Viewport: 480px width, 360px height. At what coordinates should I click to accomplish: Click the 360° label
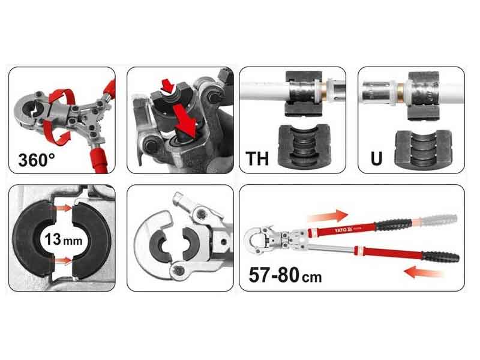coord(37,160)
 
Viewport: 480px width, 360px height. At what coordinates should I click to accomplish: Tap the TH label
coord(257,158)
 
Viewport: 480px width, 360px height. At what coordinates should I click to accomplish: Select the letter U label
coord(376,158)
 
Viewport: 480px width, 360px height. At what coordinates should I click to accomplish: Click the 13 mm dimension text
coord(64,239)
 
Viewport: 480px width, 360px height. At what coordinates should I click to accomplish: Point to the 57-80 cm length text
coord(285,275)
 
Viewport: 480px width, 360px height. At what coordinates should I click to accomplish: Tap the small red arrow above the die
coord(167,85)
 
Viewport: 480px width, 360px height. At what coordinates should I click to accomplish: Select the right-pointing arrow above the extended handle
coord(328,216)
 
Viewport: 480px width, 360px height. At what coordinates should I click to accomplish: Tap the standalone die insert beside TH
coord(304,145)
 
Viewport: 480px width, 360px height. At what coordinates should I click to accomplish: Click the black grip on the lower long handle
coord(440,257)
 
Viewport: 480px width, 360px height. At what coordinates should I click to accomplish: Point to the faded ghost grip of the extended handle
coord(439,220)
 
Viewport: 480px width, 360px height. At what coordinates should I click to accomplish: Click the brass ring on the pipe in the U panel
coord(401,86)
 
